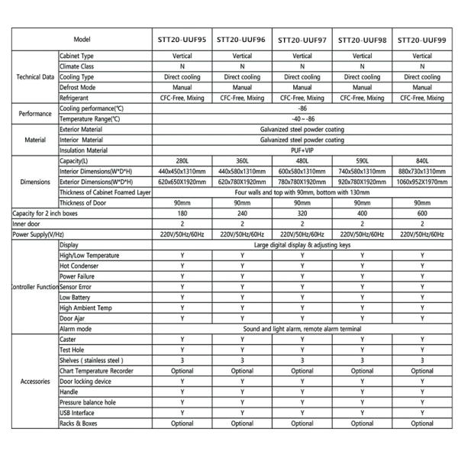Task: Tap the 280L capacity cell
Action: (182, 162)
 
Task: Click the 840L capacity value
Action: (422, 162)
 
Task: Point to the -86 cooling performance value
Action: (302, 109)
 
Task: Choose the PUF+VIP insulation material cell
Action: (302, 151)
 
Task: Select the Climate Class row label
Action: (80, 66)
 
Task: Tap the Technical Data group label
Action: (35, 77)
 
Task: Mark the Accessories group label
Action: (35, 381)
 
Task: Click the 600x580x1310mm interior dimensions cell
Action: (302, 173)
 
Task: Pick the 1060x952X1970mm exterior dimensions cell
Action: (422, 182)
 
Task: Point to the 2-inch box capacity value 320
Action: (302, 214)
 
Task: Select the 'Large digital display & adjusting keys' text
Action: (302, 244)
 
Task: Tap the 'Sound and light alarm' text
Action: (302, 328)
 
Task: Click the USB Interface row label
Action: (79, 413)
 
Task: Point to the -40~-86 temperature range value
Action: (302, 119)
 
